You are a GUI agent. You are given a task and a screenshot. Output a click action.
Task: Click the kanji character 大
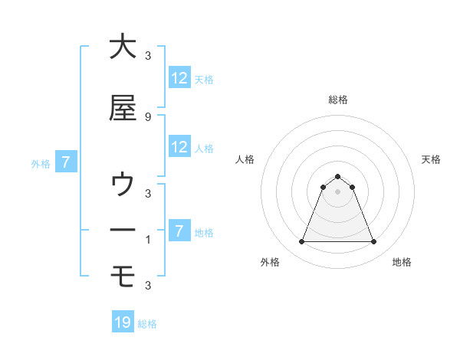123,47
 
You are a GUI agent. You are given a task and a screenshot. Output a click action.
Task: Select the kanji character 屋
123,109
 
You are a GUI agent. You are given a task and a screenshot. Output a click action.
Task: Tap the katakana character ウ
123,185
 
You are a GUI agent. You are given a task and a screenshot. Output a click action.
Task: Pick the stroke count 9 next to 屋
148,116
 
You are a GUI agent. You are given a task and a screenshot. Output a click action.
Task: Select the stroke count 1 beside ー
148,239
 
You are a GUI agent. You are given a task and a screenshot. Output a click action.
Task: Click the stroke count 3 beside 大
148,55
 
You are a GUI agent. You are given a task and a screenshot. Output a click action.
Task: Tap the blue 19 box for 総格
123,322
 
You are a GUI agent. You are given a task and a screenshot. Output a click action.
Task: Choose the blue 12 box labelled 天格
179,77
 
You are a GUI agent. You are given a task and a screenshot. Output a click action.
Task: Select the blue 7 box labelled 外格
66,162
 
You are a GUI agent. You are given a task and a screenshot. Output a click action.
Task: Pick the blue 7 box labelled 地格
179,231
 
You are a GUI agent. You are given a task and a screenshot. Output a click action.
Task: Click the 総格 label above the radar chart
338,100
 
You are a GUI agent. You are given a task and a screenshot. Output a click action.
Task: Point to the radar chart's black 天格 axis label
431,159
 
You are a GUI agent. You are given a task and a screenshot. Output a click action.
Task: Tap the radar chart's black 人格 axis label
245,159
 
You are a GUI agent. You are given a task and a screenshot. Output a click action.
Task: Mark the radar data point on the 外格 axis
301,242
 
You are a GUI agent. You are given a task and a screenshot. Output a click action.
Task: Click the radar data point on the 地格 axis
374,242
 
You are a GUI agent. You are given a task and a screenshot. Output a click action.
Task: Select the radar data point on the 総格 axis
337,176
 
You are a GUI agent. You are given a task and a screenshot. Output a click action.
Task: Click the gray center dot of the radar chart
337,191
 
